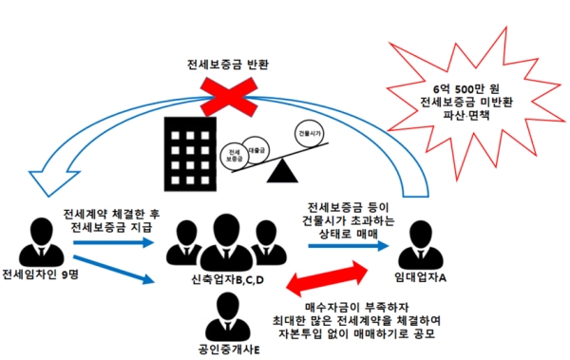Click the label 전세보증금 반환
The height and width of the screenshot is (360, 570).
pos(227,66)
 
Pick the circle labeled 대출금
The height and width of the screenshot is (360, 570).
pos(256,147)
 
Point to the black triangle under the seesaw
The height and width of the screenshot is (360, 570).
pos(280,172)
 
